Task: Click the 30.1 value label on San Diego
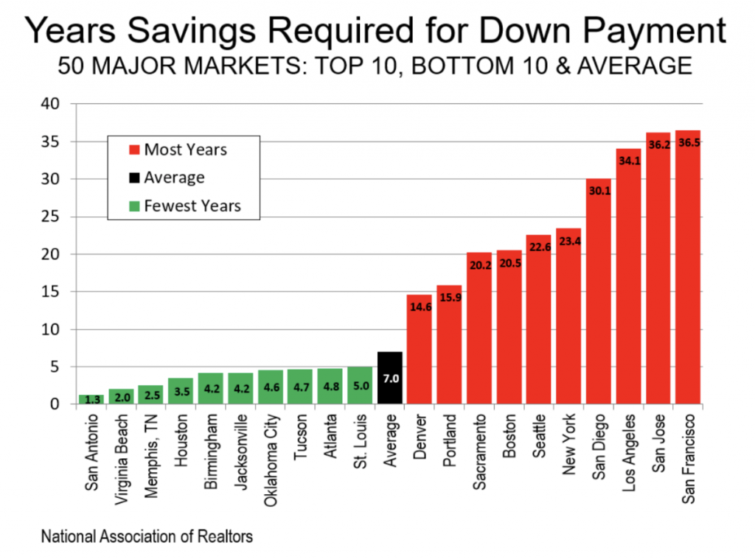[x=598, y=190]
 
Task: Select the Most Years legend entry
[x=185, y=150]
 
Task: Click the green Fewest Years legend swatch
[x=133, y=206]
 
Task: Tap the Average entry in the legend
[x=174, y=178]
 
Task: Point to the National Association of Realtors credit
[x=147, y=536]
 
